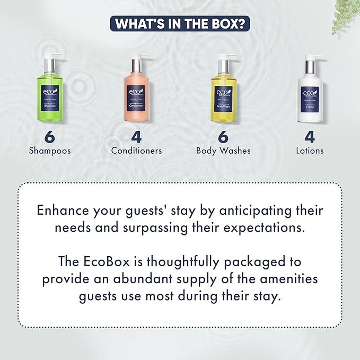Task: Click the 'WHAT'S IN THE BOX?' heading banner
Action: tap(180, 24)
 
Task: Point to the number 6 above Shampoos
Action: tap(50, 136)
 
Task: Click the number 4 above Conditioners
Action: tap(136, 136)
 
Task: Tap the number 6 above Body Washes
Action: tap(223, 136)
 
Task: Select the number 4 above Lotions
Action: tap(310, 136)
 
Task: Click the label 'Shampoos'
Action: tap(50, 151)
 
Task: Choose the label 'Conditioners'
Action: tap(136, 151)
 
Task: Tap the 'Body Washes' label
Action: tap(223, 151)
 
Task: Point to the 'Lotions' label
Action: tap(310, 151)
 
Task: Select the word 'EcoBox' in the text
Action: tap(111, 262)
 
